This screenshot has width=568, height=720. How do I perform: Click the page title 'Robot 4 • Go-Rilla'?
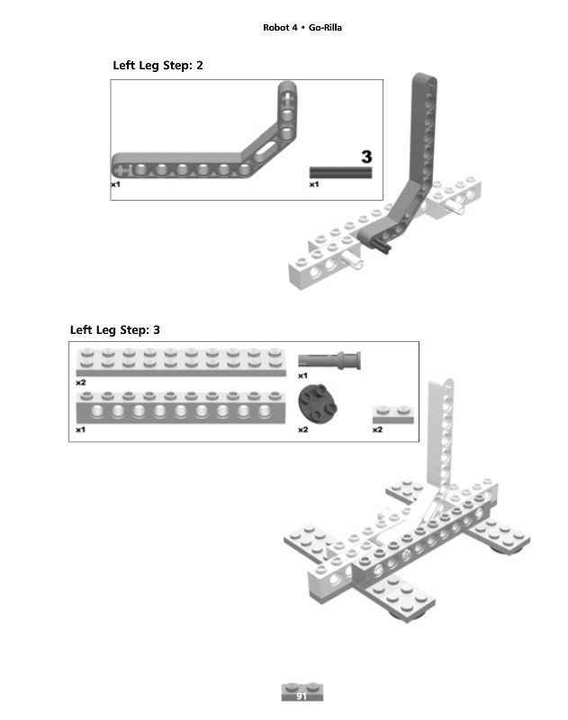pos(302,28)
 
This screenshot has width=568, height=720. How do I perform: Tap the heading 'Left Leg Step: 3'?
pos(115,329)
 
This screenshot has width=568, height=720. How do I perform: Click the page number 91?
pos(302,696)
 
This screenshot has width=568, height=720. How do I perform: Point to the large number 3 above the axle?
pos(366,157)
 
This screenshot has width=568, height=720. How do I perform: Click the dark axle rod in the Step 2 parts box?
pos(340,172)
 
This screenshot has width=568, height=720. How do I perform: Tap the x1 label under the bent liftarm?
pos(115,184)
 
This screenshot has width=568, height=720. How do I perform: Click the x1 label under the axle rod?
pos(314,184)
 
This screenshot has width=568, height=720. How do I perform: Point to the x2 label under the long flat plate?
pos(81,382)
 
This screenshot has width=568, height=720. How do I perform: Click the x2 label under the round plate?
pos(303,430)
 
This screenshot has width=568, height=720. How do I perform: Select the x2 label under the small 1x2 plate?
pos(378,430)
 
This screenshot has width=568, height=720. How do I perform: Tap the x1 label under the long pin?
pos(303,374)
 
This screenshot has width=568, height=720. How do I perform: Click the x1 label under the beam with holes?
pos(81,430)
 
